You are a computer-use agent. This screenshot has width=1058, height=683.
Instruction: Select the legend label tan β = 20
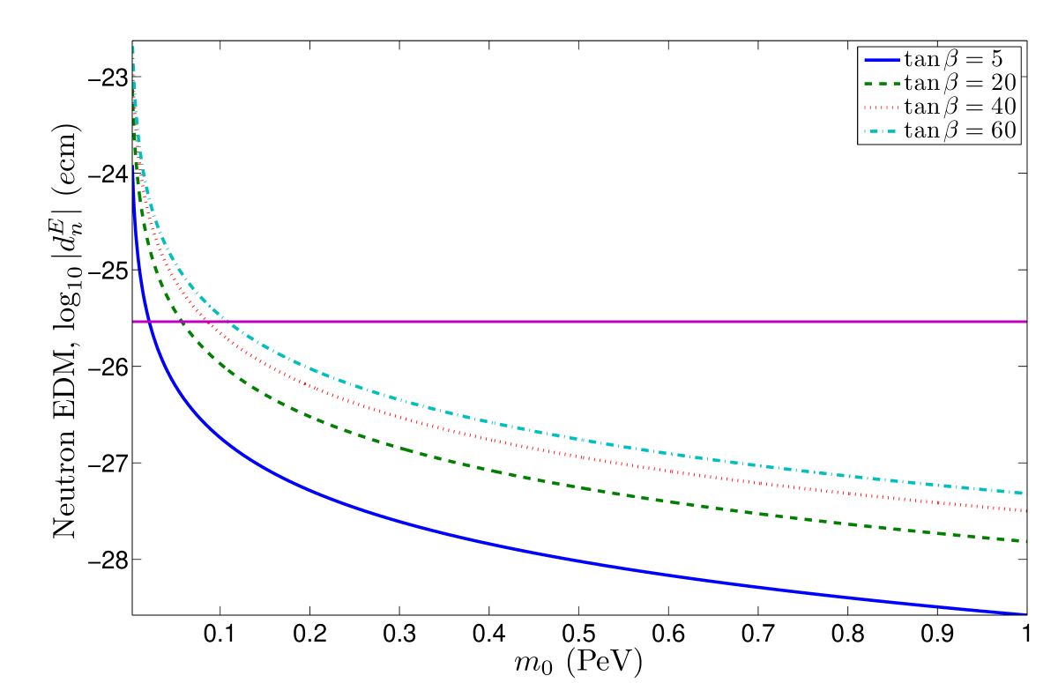click(961, 84)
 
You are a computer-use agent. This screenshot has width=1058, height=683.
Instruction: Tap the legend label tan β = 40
click(961, 108)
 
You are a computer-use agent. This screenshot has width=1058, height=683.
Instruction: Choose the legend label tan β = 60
click(961, 131)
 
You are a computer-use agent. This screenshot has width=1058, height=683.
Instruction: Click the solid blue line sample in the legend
click(883, 60)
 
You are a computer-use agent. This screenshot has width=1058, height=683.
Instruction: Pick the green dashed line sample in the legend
click(883, 84)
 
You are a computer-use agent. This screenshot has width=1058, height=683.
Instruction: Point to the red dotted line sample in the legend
click(883, 108)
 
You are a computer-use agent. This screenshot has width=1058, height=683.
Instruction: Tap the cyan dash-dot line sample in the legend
click(883, 131)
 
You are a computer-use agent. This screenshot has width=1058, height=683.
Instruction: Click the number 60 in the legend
click(1004, 131)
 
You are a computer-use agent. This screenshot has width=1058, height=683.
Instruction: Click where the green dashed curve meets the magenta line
click(184, 322)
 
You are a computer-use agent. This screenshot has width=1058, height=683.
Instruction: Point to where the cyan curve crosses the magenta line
click(226, 322)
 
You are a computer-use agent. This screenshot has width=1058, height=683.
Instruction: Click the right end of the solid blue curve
click(1026, 613)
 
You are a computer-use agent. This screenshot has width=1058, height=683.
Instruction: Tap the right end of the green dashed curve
click(1026, 541)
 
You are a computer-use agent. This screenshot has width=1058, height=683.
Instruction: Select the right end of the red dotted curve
click(1026, 510)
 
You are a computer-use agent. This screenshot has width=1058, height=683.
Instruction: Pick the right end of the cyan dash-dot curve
click(1026, 493)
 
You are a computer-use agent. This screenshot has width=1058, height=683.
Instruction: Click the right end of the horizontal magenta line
click(1026, 322)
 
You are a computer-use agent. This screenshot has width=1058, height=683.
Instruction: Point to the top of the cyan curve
click(133, 46)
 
